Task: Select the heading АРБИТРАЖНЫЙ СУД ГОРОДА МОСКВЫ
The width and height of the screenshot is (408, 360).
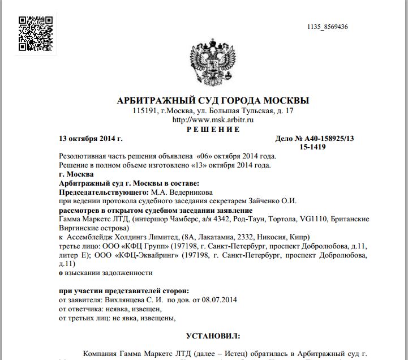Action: point(212,101)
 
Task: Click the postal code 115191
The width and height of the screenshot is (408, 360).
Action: point(145,111)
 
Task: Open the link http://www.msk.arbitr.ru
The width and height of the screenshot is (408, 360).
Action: point(212,120)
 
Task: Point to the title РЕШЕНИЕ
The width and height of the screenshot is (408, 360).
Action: point(213,129)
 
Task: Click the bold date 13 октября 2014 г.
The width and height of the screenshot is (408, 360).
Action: point(91,138)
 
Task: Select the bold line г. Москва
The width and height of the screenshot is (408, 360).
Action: point(76,174)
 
